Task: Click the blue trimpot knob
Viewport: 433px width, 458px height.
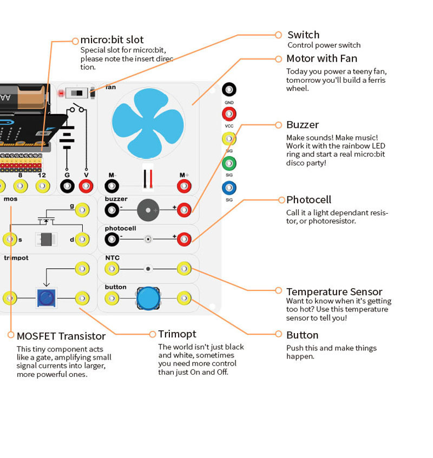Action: (x=46, y=297)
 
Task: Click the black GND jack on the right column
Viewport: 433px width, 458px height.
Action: (x=229, y=90)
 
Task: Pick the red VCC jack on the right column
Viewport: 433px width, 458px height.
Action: (x=229, y=114)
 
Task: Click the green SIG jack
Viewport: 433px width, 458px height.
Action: (x=229, y=163)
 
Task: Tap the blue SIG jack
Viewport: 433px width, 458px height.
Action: (x=229, y=188)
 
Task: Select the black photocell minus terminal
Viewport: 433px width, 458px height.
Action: (x=112, y=239)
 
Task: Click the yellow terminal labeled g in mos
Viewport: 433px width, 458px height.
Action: (x=82, y=210)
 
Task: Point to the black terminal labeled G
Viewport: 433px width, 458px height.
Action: (x=67, y=187)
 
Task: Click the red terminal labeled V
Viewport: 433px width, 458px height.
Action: (x=86, y=187)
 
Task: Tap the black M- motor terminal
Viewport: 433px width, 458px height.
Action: (x=112, y=187)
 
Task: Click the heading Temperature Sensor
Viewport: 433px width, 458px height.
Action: (x=334, y=292)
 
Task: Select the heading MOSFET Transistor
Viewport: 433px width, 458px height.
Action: (x=61, y=336)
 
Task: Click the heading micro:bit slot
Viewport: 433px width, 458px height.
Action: (x=112, y=40)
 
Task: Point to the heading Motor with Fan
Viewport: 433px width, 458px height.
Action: (x=322, y=58)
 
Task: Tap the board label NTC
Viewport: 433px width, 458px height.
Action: (x=112, y=258)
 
